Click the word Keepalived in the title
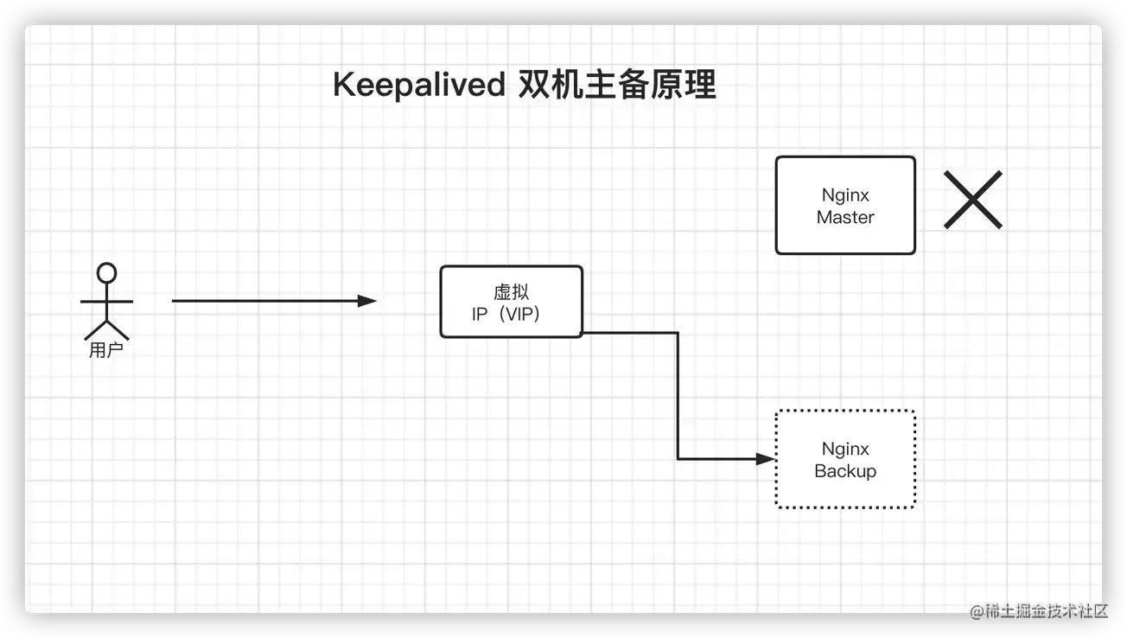(418, 86)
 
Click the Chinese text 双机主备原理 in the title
(617, 86)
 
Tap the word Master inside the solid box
(845, 217)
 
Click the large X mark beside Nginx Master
(972, 200)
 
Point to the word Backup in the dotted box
(845, 471)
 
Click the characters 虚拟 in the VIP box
(511, 292)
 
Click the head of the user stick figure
(106, 273)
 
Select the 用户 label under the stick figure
(106, 351)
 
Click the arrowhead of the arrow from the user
(368, 301)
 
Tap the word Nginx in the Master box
(845, 195)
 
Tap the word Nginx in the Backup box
(845, 449)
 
